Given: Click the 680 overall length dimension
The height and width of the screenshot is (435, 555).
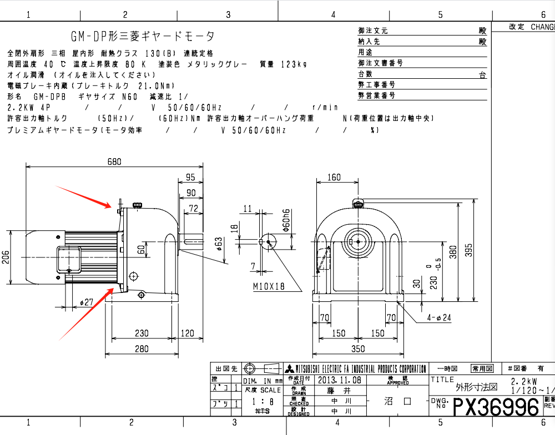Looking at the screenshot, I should coord(114,161).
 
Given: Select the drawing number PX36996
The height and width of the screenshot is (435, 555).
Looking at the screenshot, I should coord(496,407).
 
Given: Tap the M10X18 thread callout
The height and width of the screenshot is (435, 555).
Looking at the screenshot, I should coord(268,286).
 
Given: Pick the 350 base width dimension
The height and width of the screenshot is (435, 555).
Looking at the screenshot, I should coord(358,348).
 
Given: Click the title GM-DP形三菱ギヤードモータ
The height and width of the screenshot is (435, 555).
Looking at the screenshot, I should coord(142,36).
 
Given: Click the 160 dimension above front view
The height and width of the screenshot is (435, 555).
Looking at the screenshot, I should coord(334,178).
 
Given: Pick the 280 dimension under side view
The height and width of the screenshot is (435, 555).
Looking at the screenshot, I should coord(142,348).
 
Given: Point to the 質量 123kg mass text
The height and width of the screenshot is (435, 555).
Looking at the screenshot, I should coord(283,64).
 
